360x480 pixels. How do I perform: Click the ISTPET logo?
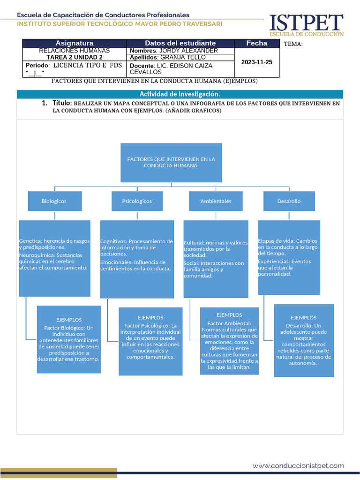pyautogui.click(x=306, y=25)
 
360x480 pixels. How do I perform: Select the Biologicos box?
pyautogui.click(x=54, y=201)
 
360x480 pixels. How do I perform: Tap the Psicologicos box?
pyautogui.click(x=137, y=201)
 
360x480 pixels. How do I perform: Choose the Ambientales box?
pyautogui.click(x=216, y=201)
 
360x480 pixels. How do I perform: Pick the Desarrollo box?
pyautogui.click(x=289, y=201)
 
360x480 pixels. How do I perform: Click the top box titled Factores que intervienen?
pyautogui.click(x=171, y=163)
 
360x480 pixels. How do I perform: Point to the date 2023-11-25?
pyautogui.click(x=256, y=62)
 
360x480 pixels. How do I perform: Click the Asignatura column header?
pyautogui.click(x=75, y=43)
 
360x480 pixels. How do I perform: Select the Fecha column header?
pyautogui.click(x=256, y=43)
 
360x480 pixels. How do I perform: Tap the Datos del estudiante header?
pyautogui.click(x=180, y=43)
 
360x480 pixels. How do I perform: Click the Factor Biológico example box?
pyautogui.click(x=69, y=339)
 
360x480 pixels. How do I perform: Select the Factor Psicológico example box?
pyautogui.click(x=150, y=341)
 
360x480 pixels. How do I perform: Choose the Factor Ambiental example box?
pyautogui.click(x=229, y=341)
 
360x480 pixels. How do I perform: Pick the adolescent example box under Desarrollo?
pyautogui.click(x=304, y=340)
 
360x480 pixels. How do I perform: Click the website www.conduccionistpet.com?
pyautogui.click(x=298, y=465)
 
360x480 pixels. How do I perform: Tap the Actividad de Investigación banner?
pyautogui.click(x=180, y=94)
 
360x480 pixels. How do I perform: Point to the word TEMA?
pyautogui.click(x=293, y=44)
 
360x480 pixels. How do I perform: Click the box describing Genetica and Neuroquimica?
pyautogui.click(x=54, y=258)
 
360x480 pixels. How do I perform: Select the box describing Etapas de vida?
pyautogui.click(x=289, y=257)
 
